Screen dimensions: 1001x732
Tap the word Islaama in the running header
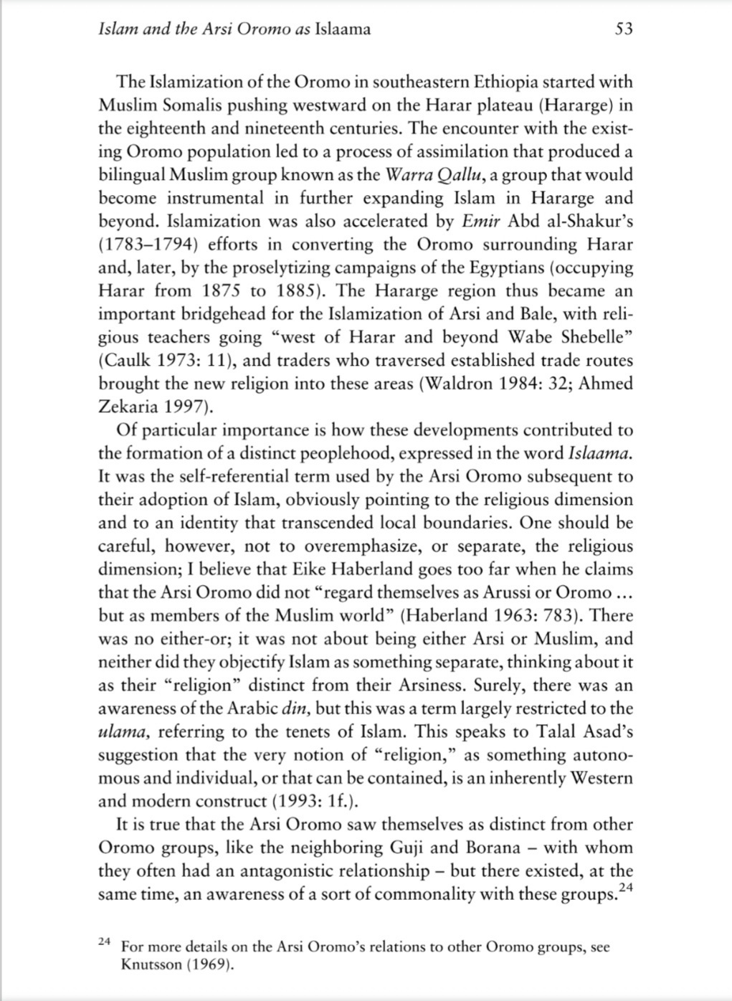[342, 29]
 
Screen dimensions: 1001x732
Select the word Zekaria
[126, 407]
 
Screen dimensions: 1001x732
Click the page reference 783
[567, 616]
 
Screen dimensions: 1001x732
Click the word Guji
[408, 848]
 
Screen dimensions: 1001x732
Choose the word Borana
[493, 848]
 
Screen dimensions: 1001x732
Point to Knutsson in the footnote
[152, 964]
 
